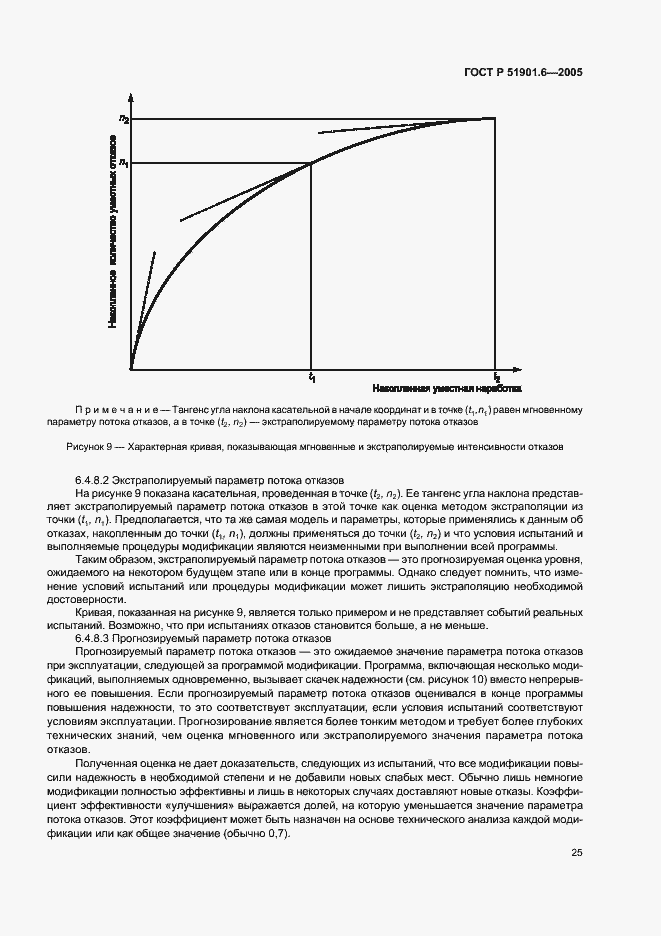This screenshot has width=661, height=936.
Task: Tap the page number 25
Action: pos(578,853)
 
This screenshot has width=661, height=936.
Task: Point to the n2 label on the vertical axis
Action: pos(123,119)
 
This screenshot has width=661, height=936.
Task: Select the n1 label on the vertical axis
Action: pos(123,162)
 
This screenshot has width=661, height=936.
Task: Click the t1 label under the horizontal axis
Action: pos(313,378)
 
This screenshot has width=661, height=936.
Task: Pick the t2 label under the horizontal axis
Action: pos(496,378)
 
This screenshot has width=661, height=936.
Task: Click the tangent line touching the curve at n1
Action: pos(240,194)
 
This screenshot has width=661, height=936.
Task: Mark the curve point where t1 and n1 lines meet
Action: pos(312,162)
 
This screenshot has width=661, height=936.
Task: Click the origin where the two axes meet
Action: pos(132,369)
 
